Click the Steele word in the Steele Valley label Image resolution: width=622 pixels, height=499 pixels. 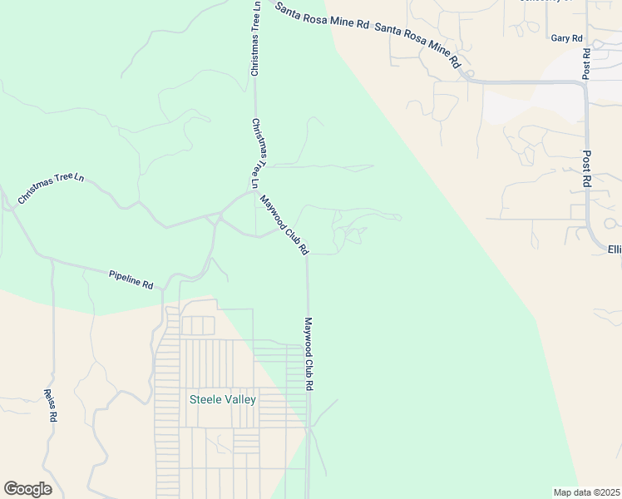pos(205,399)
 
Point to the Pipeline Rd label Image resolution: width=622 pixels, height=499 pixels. pos(131,279)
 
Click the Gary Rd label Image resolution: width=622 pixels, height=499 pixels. pos(566,38)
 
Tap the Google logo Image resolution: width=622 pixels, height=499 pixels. pos(27,489)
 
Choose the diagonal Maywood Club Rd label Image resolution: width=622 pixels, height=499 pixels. pos(285,225)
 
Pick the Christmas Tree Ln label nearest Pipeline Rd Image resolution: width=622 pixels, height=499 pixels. pos(51,189)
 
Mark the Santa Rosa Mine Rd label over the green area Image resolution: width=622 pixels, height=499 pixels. pos(322,17)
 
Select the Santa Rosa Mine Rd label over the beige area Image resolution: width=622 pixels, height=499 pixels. pos(417,45)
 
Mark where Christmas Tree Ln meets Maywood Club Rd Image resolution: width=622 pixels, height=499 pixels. pos(254,192)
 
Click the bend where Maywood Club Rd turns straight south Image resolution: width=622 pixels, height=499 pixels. pos(308,256)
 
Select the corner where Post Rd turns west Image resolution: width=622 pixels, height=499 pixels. pos(585,83)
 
